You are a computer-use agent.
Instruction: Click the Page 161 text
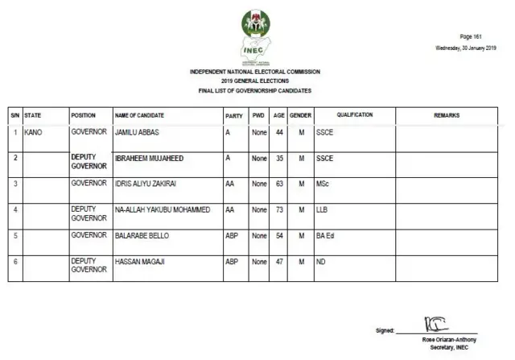pyautogui.click(x=470, y=37)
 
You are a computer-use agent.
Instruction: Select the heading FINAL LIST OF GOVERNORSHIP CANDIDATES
pyautogui.click(x=255, y=91)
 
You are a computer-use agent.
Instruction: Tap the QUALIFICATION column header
pyautogui.click(x=354, y=115)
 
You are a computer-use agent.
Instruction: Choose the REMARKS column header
pyautogui.click(x=447, y=115)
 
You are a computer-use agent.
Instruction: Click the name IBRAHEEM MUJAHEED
pyautogui.click(x=150, y=159)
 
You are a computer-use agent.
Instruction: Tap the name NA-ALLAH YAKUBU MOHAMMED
pyautogui.click(x=163, y=209)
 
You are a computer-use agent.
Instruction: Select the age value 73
pyautogui.click(x=279, y=209)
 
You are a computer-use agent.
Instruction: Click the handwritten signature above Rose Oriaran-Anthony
pyautogui.click(x=435, y=325)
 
